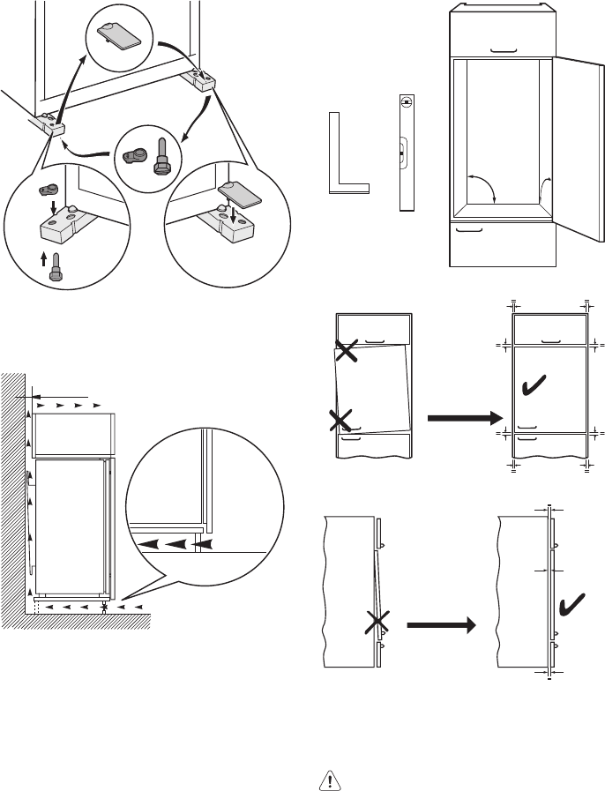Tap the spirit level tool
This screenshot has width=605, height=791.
tap(405, 152)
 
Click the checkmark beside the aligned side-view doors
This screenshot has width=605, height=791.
tap(574, 603)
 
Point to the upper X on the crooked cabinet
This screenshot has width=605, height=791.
tap(347, 353)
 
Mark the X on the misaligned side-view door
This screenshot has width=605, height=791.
tap(377, 625)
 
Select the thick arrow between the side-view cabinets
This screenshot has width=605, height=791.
tap(440, 627)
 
